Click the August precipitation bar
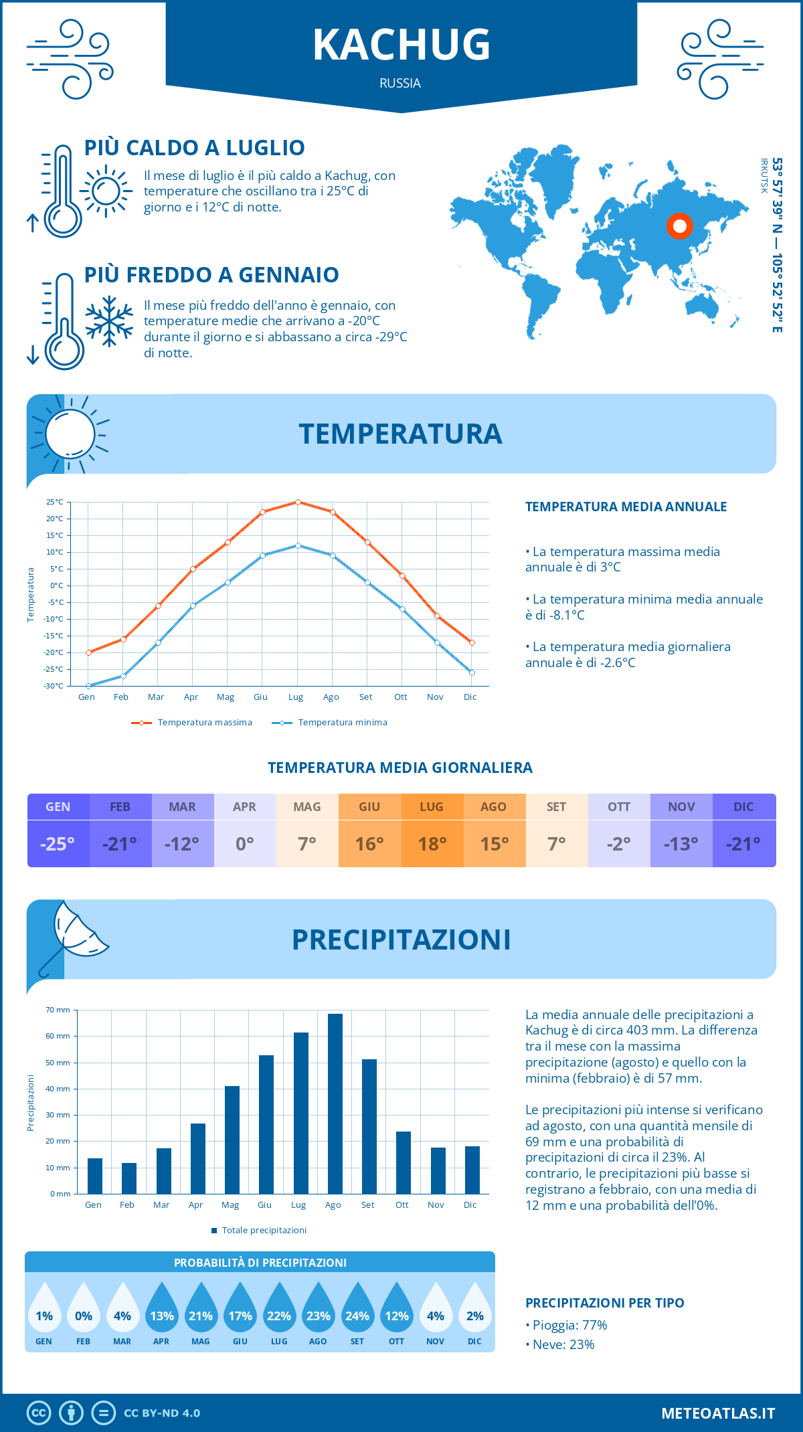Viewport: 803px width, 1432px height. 335,1104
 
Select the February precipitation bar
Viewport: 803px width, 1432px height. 128,1178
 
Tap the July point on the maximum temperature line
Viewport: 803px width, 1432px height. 298,502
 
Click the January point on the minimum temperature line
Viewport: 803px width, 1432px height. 88,686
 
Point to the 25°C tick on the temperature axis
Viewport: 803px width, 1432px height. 55,502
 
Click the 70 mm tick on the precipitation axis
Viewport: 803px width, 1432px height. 58,1010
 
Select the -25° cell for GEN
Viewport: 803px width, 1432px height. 58,844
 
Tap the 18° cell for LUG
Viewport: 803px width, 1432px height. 432,844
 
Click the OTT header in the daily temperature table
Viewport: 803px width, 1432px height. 619,807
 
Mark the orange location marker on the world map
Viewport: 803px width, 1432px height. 679,226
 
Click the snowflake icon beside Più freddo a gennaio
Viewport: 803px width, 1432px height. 109,321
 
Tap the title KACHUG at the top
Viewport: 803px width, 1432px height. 401,46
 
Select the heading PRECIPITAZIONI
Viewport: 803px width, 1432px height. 401,939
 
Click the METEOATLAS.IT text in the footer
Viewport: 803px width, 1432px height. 718,1413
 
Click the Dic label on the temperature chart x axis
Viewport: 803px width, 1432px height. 470,697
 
